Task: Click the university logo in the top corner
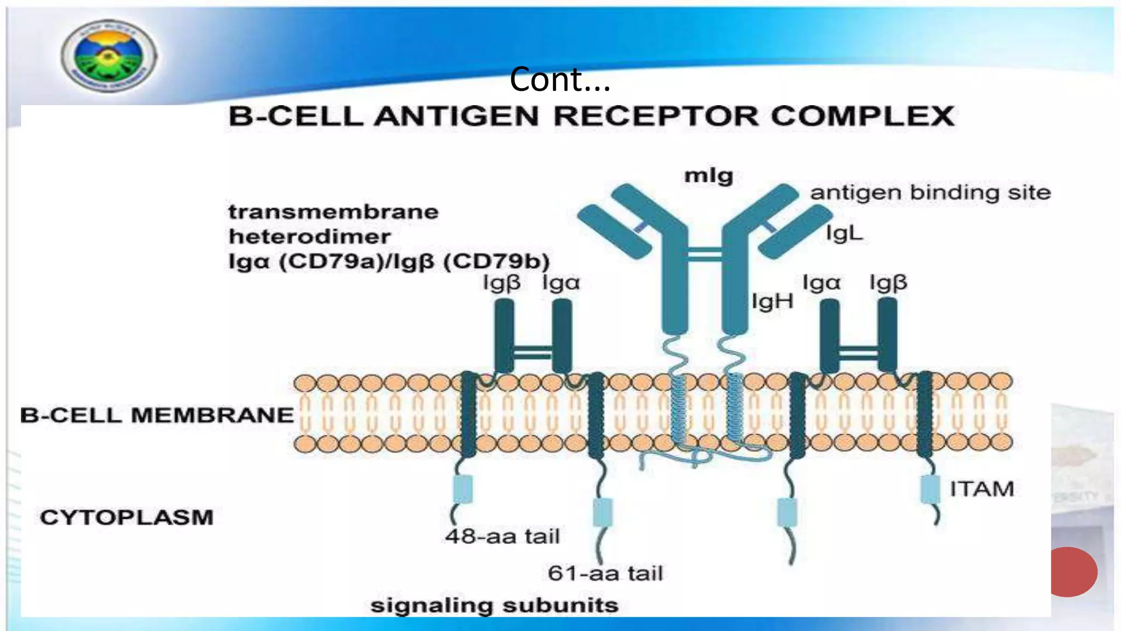[108, 56]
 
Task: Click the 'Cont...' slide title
[559, 79]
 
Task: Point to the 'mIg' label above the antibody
[708, 175]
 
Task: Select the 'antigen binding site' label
[930, 193]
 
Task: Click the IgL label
[844, 233]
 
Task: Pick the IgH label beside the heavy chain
[772, 301]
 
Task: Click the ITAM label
[981, 489]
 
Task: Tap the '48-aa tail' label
[502, 536]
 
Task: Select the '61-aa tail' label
[605, 573]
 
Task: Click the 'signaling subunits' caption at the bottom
[494, 605]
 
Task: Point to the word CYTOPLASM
[126, 517]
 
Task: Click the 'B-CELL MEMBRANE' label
[157, 415]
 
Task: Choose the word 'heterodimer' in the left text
[309, 237]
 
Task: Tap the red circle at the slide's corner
[1073, 571]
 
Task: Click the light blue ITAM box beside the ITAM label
[930, 489]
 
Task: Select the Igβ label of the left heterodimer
[501, 283]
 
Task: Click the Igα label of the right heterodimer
[821, 283]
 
